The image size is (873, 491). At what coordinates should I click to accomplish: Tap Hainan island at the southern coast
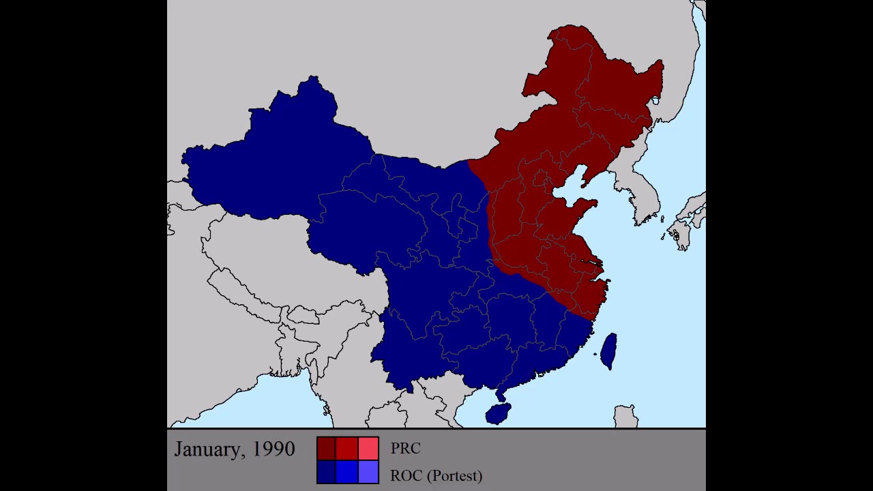click(497, 413)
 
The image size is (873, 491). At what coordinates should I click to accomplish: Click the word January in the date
click(207, 449)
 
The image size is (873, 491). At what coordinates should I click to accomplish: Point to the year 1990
click(273, 449)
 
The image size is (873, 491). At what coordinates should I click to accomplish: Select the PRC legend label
click(405, 449)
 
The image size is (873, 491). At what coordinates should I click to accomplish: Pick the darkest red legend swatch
click(327, 448)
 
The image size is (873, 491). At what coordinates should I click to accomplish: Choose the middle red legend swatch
click(347, 448)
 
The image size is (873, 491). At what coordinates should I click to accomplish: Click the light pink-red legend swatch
click(368, 448)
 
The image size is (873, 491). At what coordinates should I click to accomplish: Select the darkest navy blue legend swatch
click(327, 472)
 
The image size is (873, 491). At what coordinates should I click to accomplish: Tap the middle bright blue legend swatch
click(347, 472)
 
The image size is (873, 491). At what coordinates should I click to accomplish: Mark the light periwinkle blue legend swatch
click(368, 472)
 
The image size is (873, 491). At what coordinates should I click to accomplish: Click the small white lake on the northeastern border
click(655, 101)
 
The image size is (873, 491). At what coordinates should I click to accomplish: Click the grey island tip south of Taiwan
click(625, 415)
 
